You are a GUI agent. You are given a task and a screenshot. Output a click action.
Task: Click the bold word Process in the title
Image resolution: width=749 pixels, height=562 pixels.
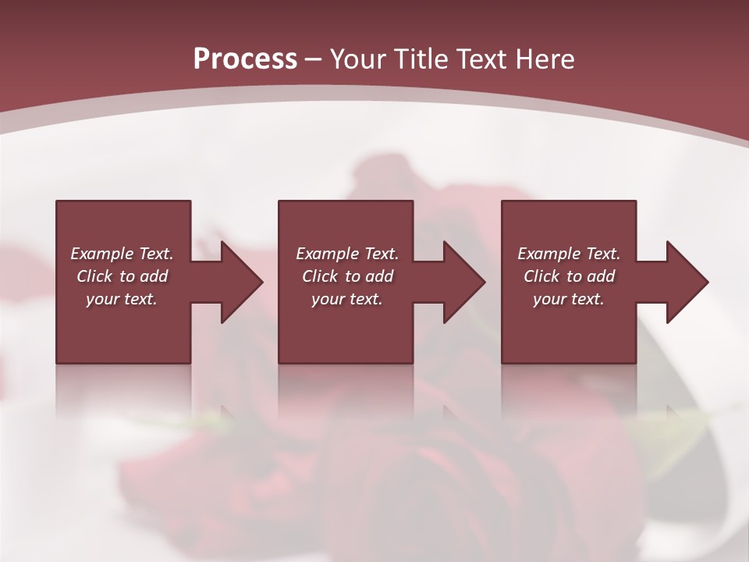pyautogui.click(x=245, y=59)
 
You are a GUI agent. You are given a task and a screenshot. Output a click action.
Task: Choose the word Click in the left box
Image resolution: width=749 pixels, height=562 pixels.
pyautogui.click(x=94, y=276)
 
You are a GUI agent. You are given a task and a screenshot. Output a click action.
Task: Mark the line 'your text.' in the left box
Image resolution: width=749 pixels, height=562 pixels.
pyautogui.click(x=122, y=299)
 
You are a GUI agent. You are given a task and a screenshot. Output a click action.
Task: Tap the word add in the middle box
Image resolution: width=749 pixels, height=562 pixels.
pyautogui.click(x=379, y=276)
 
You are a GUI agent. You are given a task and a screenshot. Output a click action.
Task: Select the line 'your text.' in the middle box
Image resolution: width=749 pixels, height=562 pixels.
pyautogui.click(x=346, y=299)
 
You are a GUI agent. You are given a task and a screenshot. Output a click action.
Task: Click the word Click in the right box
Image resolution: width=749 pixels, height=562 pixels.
pyautogui.click(x=541, y=276)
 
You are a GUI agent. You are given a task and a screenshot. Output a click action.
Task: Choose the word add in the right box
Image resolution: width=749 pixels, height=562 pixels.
pyautogui.click(x=601, y=276)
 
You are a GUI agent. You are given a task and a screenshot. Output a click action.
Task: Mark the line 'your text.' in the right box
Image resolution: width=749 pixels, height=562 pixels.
pyautogui.click(x=568, y=299)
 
